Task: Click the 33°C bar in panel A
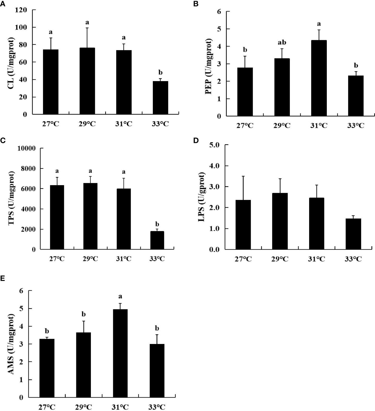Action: (160, 98)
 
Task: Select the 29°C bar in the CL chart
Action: (87, 81)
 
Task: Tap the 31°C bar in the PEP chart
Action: (319, 78)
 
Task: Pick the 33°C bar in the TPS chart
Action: (157, 240)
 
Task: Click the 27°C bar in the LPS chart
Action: (243, 225)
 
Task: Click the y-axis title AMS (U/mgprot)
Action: (11, 344)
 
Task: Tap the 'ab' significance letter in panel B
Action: (282, 42)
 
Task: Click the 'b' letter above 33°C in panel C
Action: (157, 224)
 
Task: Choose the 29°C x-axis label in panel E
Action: (84, 407)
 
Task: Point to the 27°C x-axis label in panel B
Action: (245, 126)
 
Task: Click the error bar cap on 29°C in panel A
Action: (87, 28)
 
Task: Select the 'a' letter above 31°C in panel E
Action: (120, 297)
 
